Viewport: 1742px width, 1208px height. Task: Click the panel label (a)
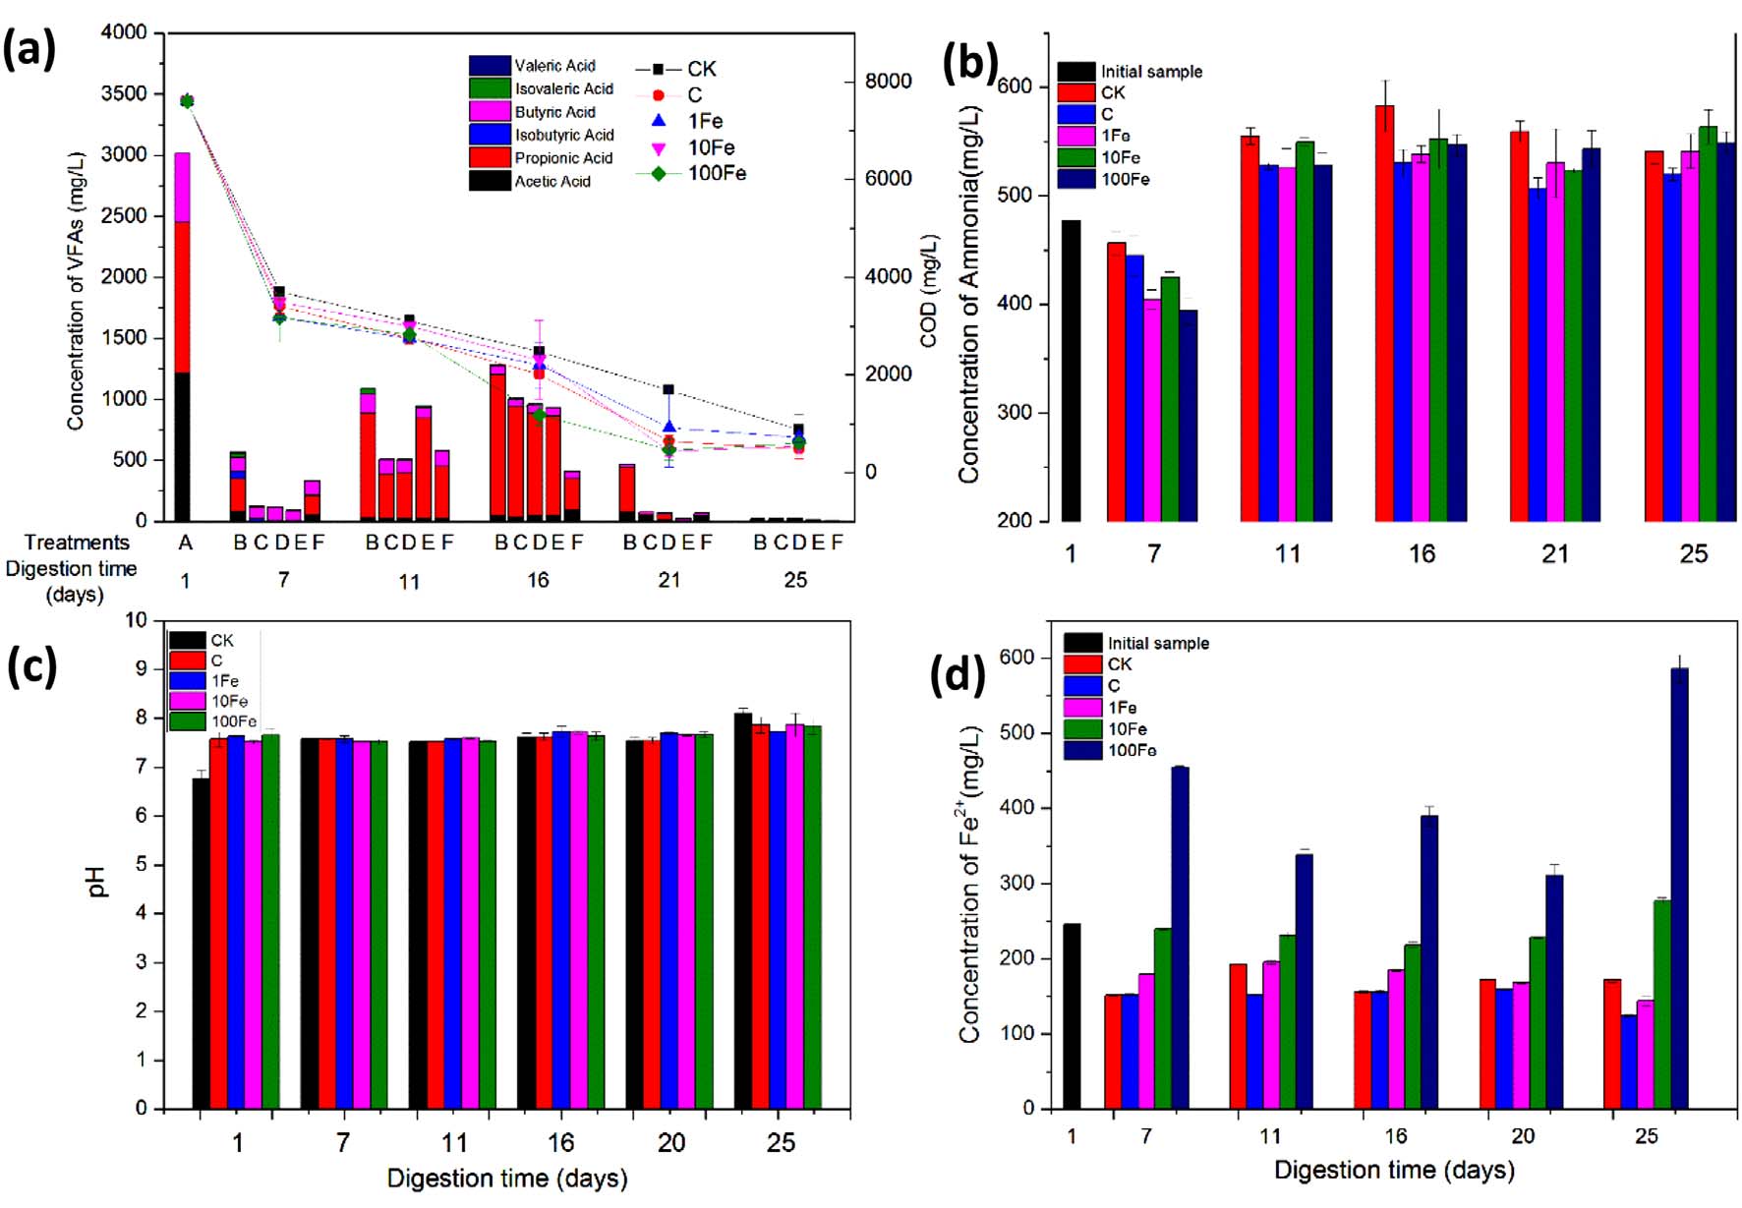click(29, 49)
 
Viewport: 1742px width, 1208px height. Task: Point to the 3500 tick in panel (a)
click(124, 94)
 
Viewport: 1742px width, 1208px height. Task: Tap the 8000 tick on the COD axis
click(888, 82)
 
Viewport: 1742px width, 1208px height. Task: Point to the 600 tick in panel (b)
click(1015, 86)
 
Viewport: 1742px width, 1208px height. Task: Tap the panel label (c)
click(31, 667)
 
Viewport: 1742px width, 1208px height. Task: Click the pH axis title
click(97, 881)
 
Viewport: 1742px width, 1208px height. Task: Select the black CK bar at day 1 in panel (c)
click(201, 943)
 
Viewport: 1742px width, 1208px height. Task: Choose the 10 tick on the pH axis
click(136, 620)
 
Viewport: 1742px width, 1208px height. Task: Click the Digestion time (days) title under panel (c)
click(506, 1178)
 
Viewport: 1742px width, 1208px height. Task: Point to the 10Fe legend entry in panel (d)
click(1127, 729)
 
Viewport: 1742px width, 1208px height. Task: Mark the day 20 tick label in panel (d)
click(1522, 1136)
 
